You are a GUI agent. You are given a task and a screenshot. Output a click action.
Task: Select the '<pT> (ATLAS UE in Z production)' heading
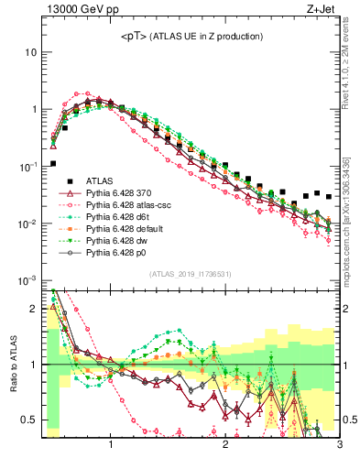191,36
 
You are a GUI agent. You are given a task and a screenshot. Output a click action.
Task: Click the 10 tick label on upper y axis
29,52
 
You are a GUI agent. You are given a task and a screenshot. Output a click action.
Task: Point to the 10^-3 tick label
27,280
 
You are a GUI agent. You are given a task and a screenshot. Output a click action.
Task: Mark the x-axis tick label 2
225,447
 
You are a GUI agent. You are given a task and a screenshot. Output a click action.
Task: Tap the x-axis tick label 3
339,447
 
